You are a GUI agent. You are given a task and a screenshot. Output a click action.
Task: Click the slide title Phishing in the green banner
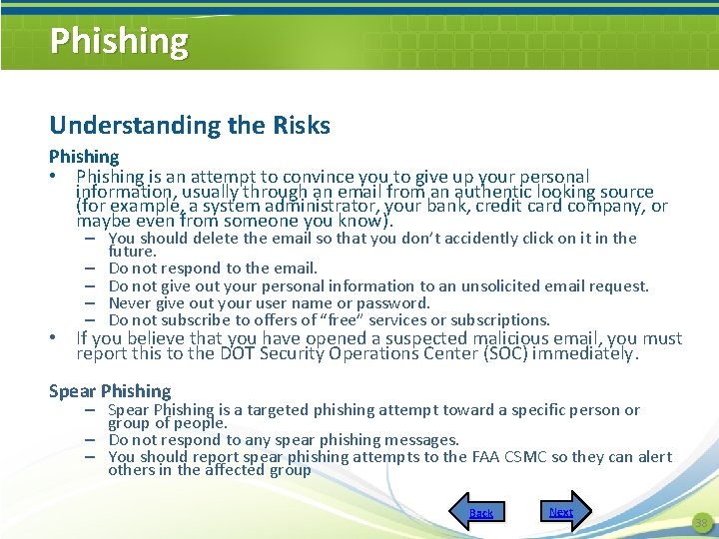119,41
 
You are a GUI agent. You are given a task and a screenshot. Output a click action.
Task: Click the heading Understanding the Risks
190,126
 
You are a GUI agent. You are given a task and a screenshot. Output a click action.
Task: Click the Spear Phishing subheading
110,391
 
